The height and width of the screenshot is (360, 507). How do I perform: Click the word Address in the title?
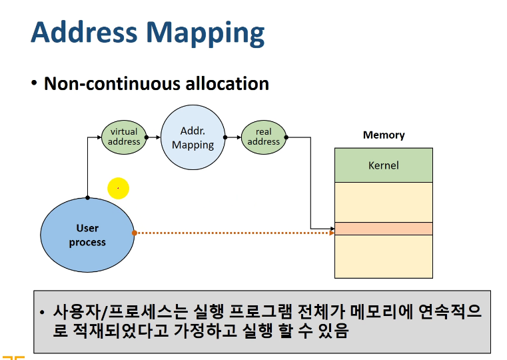tap(84, 32)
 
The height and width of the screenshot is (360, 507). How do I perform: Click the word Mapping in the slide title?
tap(205, 34)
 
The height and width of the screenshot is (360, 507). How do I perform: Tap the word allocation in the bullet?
tap(227, 83)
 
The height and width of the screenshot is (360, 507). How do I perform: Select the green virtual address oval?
tap(124, 137)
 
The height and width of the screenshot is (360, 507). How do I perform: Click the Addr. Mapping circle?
tap(193, 137)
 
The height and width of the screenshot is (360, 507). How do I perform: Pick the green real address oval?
tap(264, 137)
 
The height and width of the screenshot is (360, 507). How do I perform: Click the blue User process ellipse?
tap(87, 235)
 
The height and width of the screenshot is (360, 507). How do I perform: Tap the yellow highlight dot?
tap(119, 188)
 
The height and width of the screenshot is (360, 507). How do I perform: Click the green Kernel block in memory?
tap(384, 165)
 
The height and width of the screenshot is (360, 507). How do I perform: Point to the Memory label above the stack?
tap(384, 135)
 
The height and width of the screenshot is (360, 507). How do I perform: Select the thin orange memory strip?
tap(384, 229)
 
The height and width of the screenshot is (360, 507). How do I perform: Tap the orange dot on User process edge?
tap(135, 233)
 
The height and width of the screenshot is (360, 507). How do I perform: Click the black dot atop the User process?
tap(88, 197)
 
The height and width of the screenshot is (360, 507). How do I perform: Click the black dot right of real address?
tap(286, 137)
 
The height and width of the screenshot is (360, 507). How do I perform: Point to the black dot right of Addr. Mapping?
tap(225, 137)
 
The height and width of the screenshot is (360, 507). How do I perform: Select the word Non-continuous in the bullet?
tap(112, 83)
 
